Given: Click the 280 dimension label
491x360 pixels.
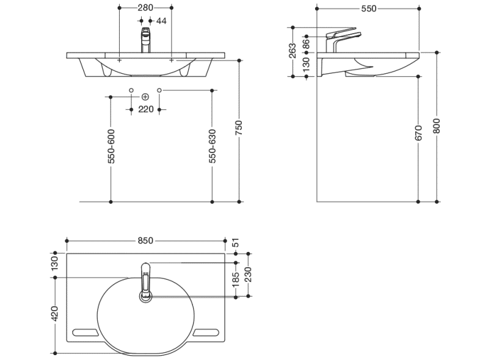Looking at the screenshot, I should pos(145,7).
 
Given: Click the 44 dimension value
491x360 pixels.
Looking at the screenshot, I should pos(162,21).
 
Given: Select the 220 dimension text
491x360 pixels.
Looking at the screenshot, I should pos(145,109).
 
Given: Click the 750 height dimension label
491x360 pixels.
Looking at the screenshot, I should pos(239,127).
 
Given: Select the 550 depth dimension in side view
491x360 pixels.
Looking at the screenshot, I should pos(368,9).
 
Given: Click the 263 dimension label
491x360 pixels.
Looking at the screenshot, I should pos(293,50).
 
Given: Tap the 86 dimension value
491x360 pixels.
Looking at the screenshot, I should pos(306,43).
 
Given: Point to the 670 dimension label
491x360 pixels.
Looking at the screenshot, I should pos(418,133).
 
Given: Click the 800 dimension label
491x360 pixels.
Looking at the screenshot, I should pos(437,126).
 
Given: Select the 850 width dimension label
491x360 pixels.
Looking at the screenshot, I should pos(145,240).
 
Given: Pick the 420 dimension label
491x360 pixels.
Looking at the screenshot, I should pos(55,314).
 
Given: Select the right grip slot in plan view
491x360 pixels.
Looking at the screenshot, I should pos(206,332).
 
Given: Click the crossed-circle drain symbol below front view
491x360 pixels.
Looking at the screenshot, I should pos(145,97).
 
